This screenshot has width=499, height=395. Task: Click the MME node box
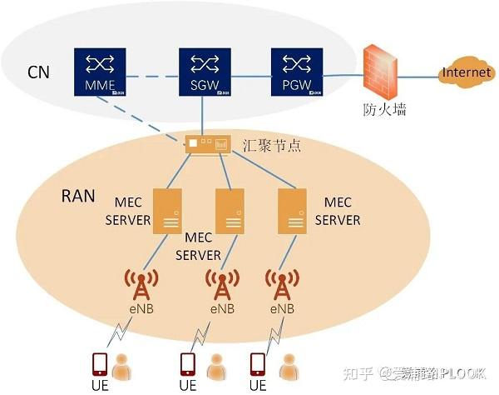[x=99, y=72]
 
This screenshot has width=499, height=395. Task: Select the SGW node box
[x=205, y=72]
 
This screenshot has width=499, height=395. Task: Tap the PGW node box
[x=296, y=72]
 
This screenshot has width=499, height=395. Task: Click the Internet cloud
[x=467, y=73]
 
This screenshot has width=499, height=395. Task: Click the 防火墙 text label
[x=385, y=109]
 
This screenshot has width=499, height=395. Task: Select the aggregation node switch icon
[x=207, y=146]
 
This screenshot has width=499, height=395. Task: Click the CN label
[x=38, y=72]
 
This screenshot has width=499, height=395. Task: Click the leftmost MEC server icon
[x=170, y=211]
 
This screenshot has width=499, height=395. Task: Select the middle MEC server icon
[x=230, y=211]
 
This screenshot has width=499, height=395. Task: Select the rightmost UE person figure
[x=289, y=366]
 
